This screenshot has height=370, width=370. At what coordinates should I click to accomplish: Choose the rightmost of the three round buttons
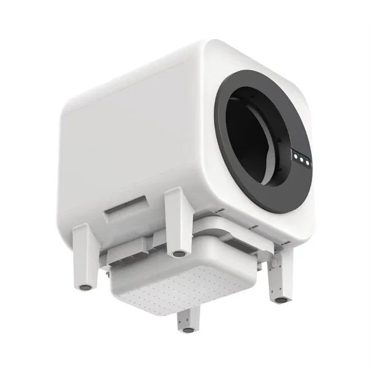pos(308,162)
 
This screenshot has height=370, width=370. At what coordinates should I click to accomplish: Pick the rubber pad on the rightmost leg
pos(281,299)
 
